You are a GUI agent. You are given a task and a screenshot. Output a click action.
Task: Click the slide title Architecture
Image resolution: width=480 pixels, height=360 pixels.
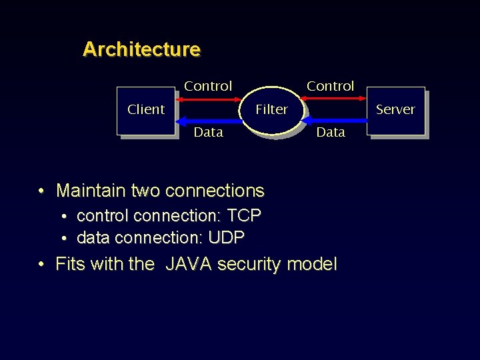click(x=141, y=49)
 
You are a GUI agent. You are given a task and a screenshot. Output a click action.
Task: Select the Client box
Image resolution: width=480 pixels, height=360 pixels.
click(x=146, y=110)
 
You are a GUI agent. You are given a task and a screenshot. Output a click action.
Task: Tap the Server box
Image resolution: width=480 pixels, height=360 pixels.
click(x=395, y=110)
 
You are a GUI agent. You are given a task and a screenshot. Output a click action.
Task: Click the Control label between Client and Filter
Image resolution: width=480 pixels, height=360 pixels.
click(x=208, y=86)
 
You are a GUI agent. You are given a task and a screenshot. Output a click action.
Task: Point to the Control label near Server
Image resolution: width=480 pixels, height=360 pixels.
click(x=330, y=86)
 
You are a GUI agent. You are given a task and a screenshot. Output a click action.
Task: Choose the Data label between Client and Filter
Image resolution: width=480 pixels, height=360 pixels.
click(x=208, y=132)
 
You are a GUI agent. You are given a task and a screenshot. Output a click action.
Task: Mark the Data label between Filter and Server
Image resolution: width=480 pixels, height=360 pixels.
click(x=331, y=132)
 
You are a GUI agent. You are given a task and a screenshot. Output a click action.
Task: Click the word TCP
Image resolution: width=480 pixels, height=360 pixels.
click(x=244, y=216)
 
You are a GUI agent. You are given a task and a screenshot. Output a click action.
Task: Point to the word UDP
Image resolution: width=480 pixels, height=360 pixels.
click(x=227, y=237)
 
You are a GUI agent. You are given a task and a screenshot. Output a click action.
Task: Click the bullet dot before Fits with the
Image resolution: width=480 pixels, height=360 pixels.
click(x=41, y=265)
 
